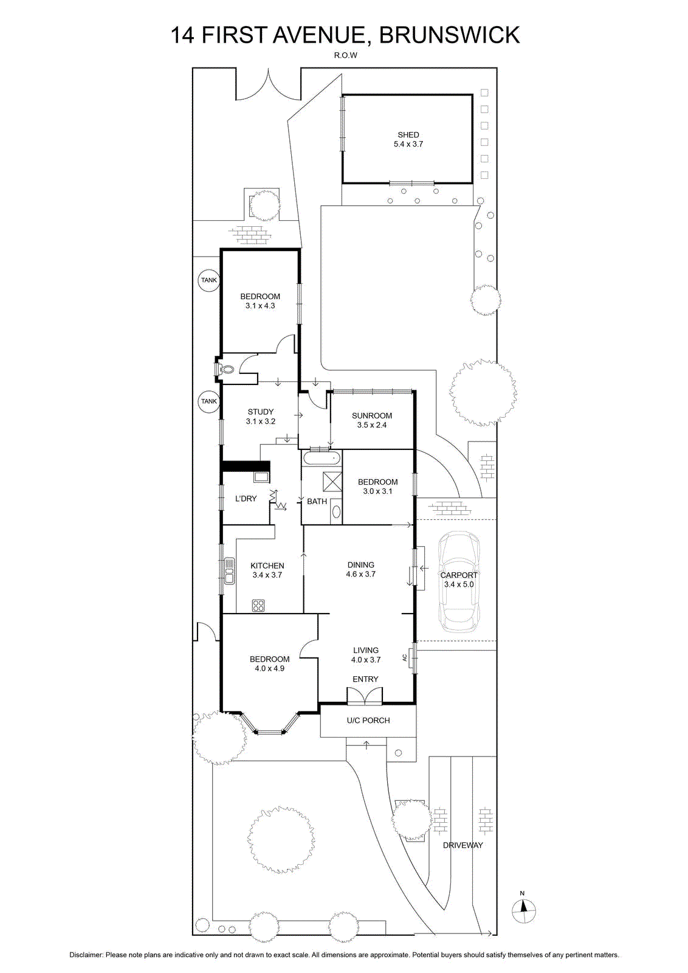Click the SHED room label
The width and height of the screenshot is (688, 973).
(x=408, y=134)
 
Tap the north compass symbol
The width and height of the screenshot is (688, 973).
(x=523, y=907)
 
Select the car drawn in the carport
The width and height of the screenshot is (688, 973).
(x=458, y=581)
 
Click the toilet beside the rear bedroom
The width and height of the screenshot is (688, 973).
(x=224, y=369)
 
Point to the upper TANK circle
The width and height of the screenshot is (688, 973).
(x=209, y=280)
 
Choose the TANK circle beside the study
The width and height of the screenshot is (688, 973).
(x=209, y=401)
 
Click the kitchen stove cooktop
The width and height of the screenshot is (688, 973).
(x=258, y=606)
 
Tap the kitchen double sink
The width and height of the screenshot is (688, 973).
(x=229, y=571)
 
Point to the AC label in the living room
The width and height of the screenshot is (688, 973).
(x=405, y=657)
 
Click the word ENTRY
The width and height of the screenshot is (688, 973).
(x=365, y=679)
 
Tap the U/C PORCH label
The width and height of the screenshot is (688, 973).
(x=368, y=720)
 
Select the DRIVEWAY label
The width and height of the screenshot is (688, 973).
(x=463, y=845)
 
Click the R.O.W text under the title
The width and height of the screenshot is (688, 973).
(x=345, y=55)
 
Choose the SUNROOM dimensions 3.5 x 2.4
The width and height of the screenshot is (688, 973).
(x=372, y=425)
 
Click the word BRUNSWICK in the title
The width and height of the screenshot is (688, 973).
(x=450, y=35)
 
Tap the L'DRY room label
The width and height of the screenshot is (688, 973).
(x=246, y=499)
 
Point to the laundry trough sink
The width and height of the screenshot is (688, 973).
(x=261, y=477)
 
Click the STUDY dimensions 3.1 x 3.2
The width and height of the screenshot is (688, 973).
(x=261, y=421)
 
